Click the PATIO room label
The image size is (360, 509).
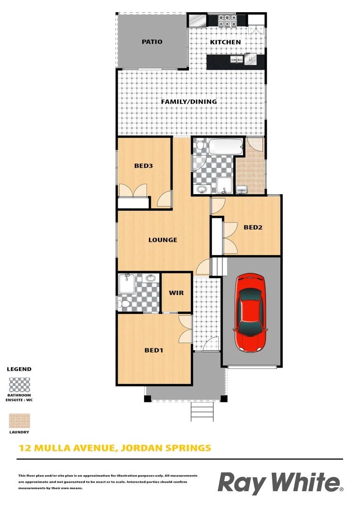[152, 42]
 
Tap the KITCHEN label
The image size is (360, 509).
[225, 42]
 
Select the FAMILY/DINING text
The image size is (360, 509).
[189, 102]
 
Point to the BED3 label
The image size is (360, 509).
[143, 166]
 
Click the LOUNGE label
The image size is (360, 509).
[163, 240]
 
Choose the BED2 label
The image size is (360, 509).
[253, 228]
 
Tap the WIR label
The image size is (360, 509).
[176, 293]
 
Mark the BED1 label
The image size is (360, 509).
[154, 351]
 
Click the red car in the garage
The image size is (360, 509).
[251, 312]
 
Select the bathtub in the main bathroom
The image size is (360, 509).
[225, 147]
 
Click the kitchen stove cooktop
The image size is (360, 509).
[227, 21]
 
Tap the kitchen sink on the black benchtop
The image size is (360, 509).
[237, 59]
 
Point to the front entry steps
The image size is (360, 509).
[202, 411]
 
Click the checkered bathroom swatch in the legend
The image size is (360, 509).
[20, 385]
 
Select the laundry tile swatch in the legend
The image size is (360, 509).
[20, 421]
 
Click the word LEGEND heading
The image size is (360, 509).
[19, 369]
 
